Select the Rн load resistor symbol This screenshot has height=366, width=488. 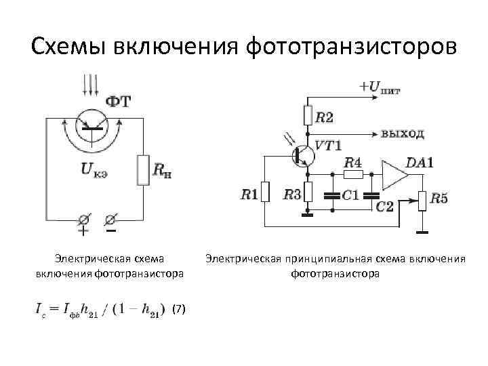[x=143, y=169]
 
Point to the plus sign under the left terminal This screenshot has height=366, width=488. [x=83, y=232]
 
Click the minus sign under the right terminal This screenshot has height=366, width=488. [x=110, y=231]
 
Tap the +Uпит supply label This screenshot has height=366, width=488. [x=380, y=87]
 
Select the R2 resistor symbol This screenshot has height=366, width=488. [x=308, y=117]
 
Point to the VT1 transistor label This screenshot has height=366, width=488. [x=328, y=145]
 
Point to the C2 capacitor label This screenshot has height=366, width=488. [x=385, y=205]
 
